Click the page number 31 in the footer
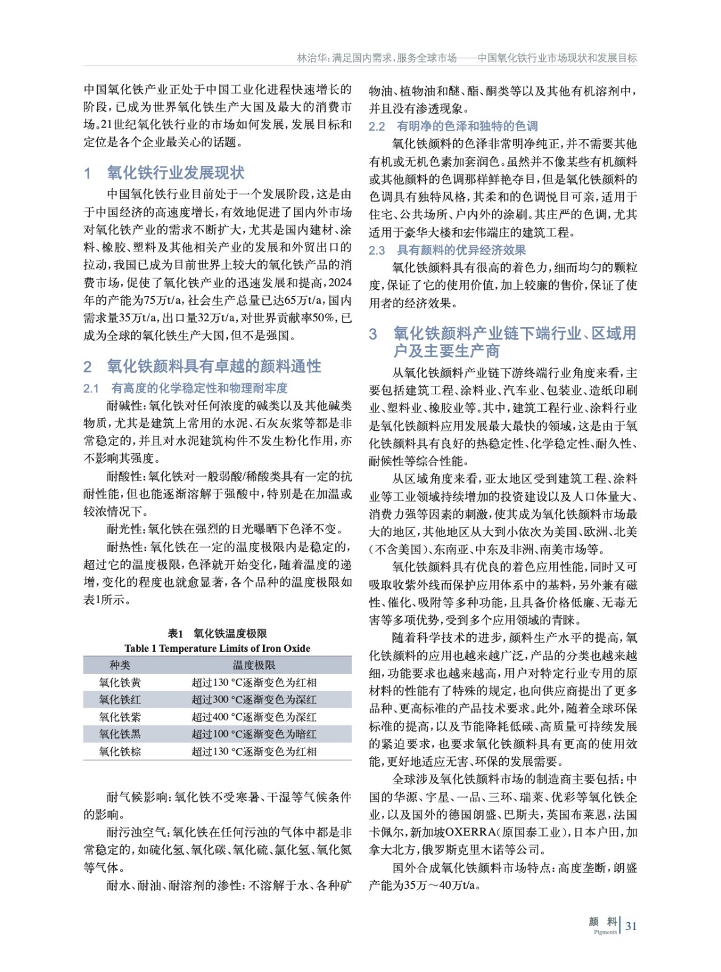631,926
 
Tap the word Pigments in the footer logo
605,932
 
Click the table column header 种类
120,665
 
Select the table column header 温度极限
254,665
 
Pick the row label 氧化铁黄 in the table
120,682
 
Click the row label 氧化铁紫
120,717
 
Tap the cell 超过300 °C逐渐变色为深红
254,700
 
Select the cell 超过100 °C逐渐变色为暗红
254,734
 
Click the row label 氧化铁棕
120,751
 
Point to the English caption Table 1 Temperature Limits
217,648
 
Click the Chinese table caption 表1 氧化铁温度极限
217,634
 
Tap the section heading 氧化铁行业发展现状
176,173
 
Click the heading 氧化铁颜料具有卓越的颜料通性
214,366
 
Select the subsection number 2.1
91,389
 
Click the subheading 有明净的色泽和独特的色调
467,126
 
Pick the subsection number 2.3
377,250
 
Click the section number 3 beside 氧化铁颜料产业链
373,334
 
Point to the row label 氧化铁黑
120,734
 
